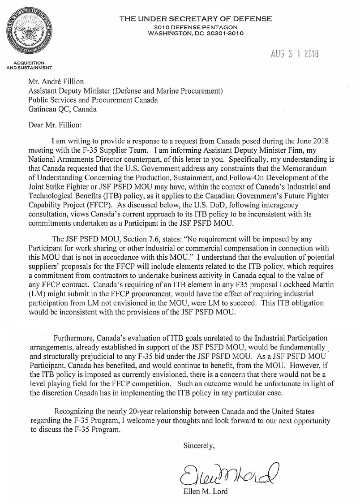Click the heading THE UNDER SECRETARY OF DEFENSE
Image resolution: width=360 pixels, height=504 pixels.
tap(195, 19)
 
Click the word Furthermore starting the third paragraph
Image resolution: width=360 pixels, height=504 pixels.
tap(74, 337)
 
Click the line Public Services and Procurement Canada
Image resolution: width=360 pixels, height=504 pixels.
tap(93, 99)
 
